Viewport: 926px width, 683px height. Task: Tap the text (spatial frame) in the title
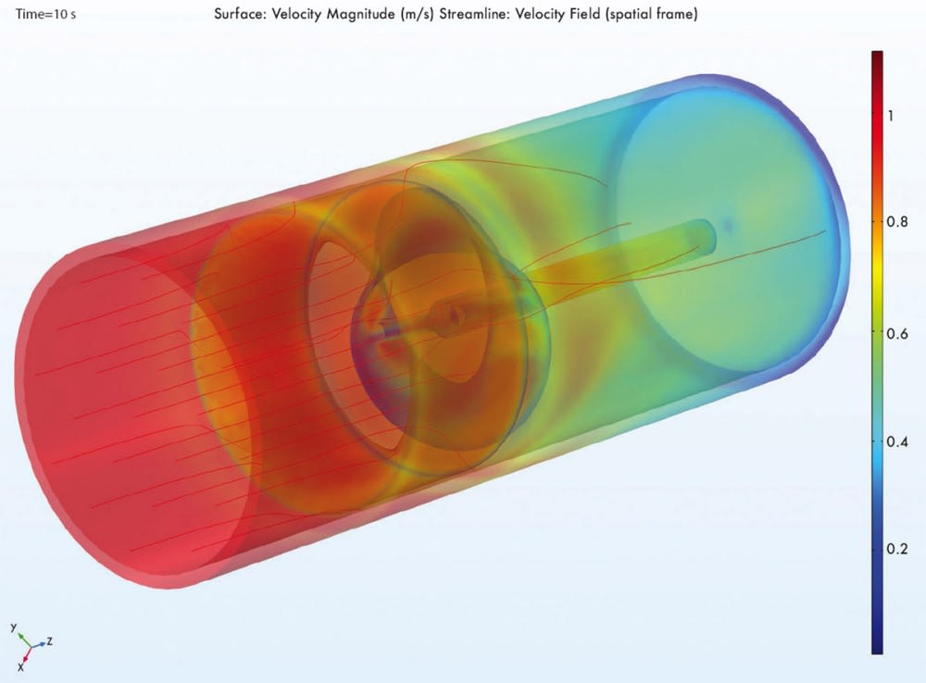pos(674,17)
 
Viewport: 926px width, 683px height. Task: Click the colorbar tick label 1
pos(890,116)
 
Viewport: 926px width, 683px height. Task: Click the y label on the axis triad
pos(15,627)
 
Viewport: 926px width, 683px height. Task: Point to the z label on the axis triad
pos(47,640)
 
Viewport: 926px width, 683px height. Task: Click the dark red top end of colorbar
pos(877,57)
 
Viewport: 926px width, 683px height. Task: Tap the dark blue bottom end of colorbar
pos(877,648)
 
